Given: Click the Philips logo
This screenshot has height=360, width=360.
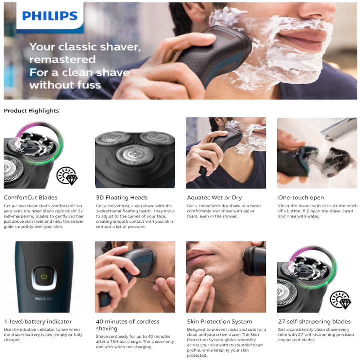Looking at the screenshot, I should [x=50, y=16].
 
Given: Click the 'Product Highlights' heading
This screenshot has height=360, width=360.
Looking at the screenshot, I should [x=31, y=111].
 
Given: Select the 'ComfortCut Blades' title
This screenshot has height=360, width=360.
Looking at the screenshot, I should [x=30, y=197].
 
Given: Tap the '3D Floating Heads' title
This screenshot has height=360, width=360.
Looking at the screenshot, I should [x=121, y=197].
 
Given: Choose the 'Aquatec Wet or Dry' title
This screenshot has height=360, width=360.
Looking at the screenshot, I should [x=215, y=197].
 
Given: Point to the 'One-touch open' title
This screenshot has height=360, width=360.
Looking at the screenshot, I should [x=301, y=197].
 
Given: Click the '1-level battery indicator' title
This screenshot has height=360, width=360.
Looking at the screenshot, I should [x=38, y=321].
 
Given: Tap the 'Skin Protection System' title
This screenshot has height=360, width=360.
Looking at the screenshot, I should [x=219, y=321].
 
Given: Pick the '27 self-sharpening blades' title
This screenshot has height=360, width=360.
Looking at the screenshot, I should [x=314, y=321].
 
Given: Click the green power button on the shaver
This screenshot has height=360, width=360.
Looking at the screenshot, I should [x=44, y=276].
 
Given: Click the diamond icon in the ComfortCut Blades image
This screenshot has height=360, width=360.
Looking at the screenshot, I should [x=67, y=176].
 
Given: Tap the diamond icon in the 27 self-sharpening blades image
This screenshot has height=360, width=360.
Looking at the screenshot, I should [x=340, y=300].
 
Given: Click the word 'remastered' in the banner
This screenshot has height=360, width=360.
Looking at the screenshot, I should [x=62, y=59].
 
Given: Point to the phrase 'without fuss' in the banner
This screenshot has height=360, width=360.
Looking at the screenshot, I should [x=65, y=85].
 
